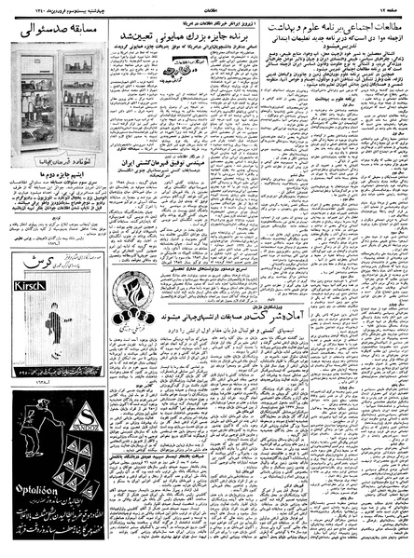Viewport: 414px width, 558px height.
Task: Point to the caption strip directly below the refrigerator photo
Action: coord(53,181)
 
